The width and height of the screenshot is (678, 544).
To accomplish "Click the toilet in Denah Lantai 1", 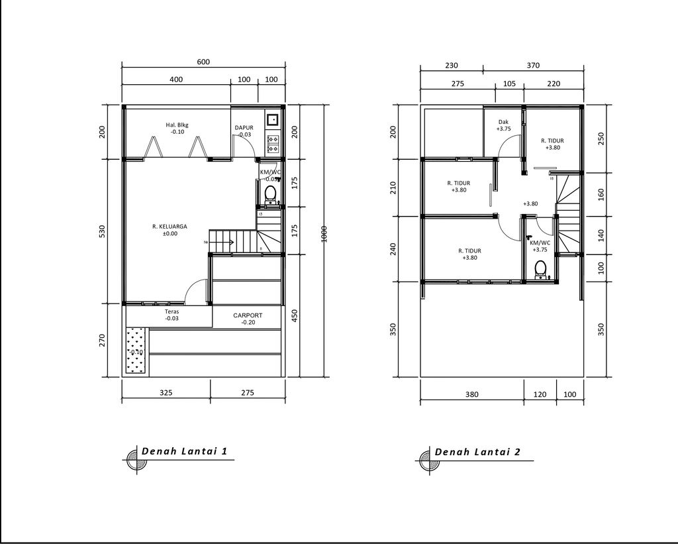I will point(270,193).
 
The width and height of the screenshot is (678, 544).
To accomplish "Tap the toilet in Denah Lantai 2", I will point(540,268).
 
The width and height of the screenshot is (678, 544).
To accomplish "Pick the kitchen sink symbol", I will point(272,120).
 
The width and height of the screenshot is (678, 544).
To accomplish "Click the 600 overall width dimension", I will point(203,62).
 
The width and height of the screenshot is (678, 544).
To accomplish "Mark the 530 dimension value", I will point(103,231).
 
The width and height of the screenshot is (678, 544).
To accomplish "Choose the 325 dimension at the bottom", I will point(166,392).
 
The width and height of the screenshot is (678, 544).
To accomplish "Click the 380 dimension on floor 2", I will point(471,394).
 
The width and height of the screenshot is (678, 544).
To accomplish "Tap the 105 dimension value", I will point(509,84).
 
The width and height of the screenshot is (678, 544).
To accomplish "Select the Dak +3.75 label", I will point(504,125).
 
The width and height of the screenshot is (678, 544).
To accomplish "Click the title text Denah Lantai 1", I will point(185,452).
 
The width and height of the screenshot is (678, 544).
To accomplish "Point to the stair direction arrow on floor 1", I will point(226,243).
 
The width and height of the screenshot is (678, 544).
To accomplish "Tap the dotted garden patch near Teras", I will point(136,351).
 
